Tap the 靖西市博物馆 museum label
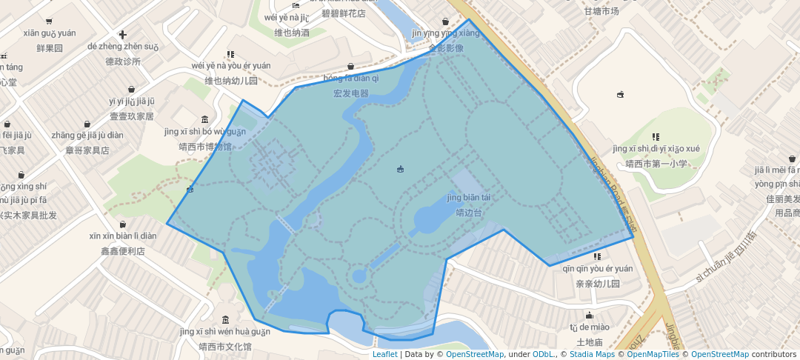(x=205, y=147)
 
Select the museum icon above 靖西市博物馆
(x=205, y=120)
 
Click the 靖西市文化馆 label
(x=215, y=347)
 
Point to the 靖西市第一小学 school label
(x=656, y=164)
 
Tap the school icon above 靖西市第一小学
(x=656, y=136)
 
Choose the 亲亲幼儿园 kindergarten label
(x=597, y=284)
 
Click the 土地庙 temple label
(x=589, y=342)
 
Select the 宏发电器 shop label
(x=351, y=93)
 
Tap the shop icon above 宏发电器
(x=350, y=67)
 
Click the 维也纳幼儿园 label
(x=231, y=81)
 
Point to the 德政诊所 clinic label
(x=123, y=61)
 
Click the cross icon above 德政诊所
(x=123, y=35)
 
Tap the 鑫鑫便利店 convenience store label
(x=123, y=251)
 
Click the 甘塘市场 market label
(x=601, y=11)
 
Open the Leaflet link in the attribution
(x=384, y=354)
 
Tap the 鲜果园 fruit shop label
(x=50, y=48)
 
